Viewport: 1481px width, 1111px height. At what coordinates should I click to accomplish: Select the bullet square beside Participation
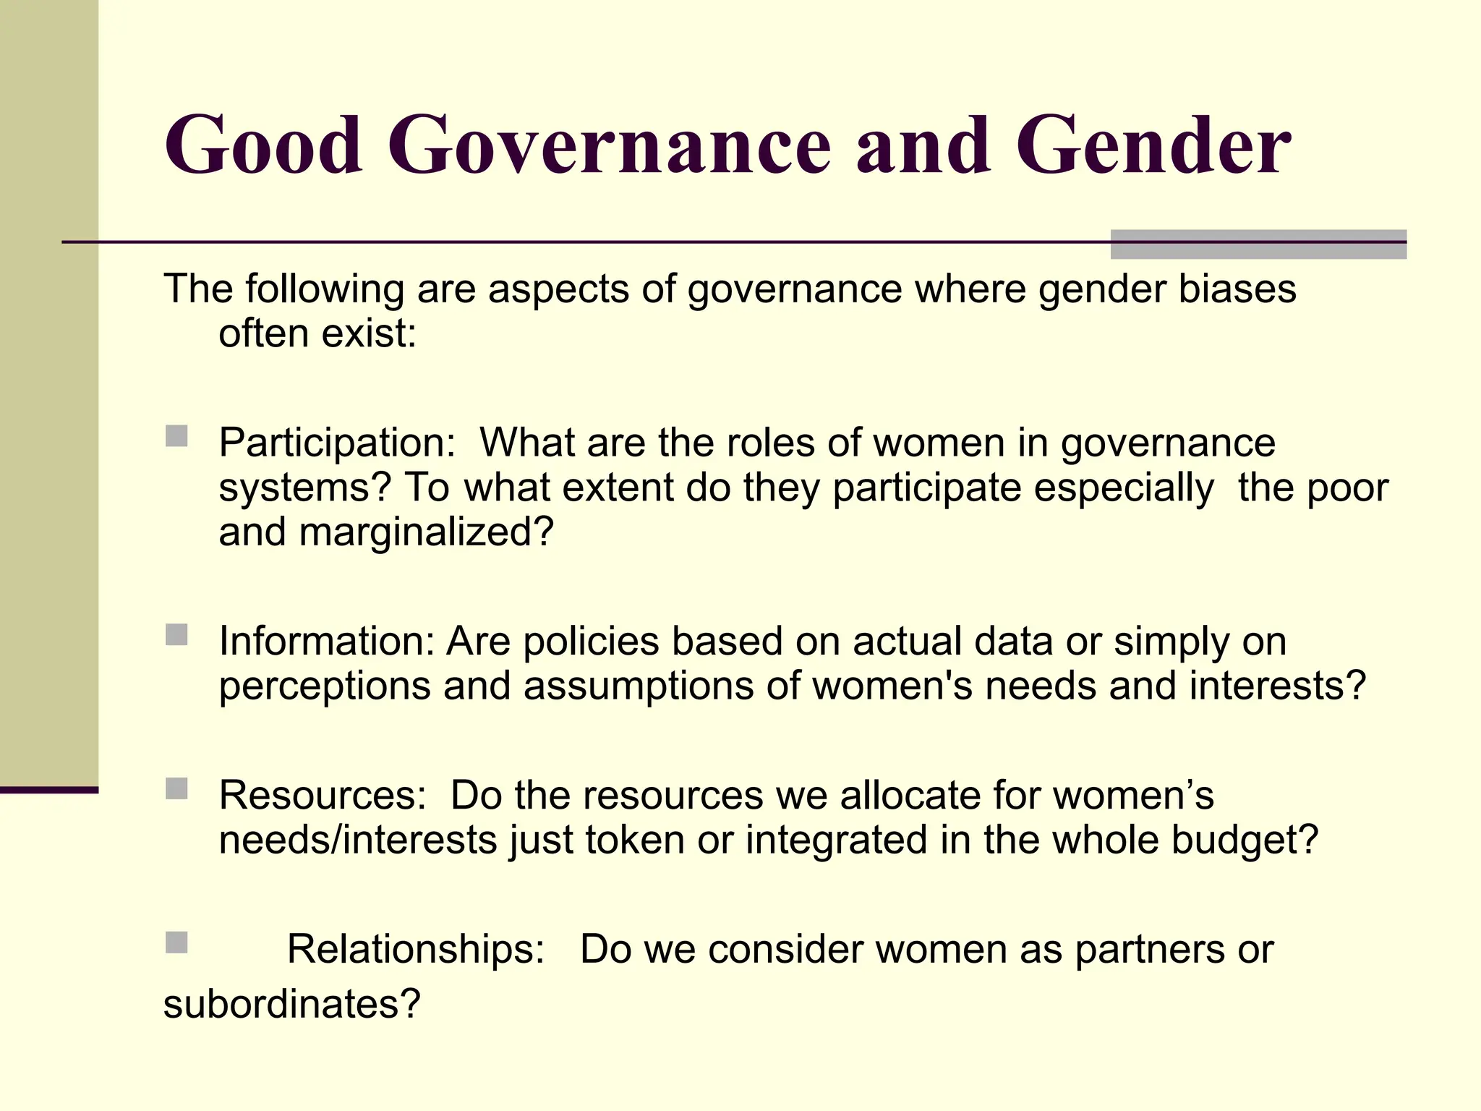coord(176,436)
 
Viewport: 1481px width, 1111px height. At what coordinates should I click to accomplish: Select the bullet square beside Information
coord(176,634)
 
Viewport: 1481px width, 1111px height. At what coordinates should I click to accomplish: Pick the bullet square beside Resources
coord(176,788)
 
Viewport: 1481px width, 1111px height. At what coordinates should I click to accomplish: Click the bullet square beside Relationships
coord(176,942)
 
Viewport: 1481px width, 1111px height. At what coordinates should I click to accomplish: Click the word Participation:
coord(337,443)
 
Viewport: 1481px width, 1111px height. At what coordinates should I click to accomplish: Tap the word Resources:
coord(323,796)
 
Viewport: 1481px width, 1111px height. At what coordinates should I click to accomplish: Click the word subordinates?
coord(291,1004)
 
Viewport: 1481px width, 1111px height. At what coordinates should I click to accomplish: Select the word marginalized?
coord(426,532)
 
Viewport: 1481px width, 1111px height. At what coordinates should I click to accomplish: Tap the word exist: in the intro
coord(368,334)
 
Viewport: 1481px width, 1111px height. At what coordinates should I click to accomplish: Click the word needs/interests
coord(357,840)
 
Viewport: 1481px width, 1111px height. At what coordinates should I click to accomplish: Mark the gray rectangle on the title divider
coord(1258,244)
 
